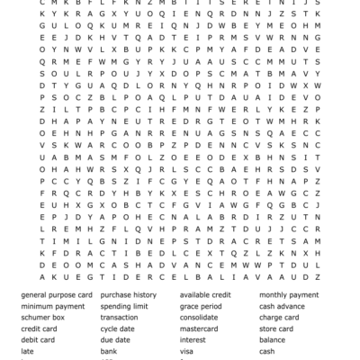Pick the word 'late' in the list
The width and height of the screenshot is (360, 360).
(27, 351)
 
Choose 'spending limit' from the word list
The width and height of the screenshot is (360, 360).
(124, 306)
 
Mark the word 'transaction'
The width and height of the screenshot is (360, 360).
(120, 318)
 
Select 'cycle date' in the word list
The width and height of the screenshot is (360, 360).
(118, 328)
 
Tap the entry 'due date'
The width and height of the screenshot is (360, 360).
(115, 340)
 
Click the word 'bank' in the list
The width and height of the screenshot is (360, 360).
(109, 351)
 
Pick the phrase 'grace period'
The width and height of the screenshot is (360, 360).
(201, 306)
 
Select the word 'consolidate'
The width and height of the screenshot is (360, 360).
(199, 318)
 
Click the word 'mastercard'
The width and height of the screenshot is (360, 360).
(200, 328)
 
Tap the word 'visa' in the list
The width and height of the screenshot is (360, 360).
(187, 351)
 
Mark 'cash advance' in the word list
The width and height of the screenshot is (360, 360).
(282, 306)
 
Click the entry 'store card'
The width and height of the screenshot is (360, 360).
(277, 328)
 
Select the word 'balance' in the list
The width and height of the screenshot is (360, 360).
(273, 340)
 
